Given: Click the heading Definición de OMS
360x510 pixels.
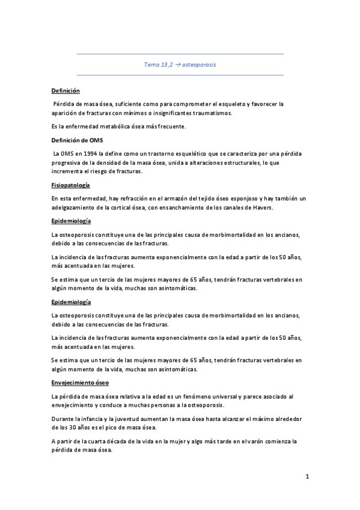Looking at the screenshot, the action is [78, 140].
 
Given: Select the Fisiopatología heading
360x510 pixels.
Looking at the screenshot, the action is [71, 185].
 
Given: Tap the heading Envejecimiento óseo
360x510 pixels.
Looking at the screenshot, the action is [79, 382].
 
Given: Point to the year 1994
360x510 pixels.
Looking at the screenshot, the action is [88, 153].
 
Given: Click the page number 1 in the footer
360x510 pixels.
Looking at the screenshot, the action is [307, 478].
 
